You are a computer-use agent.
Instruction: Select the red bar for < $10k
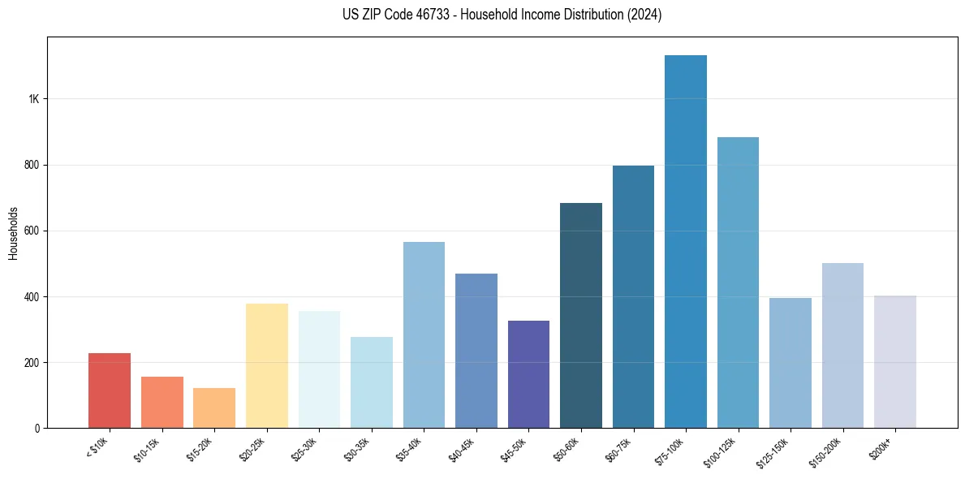click(x=110, y=391)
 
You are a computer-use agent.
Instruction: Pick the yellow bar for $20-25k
click(x=267, y=365)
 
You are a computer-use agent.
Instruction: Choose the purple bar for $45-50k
click(x=528, y=374)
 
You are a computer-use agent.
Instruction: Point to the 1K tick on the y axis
click(x=33, y=99)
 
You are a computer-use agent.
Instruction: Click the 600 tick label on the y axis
click(x=31, y=231)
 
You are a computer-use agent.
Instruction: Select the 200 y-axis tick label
click(x=31, y=362)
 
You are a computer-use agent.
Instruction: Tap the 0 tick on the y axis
click(x=37, y=428)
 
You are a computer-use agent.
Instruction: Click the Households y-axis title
click(x=14, y=232)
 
